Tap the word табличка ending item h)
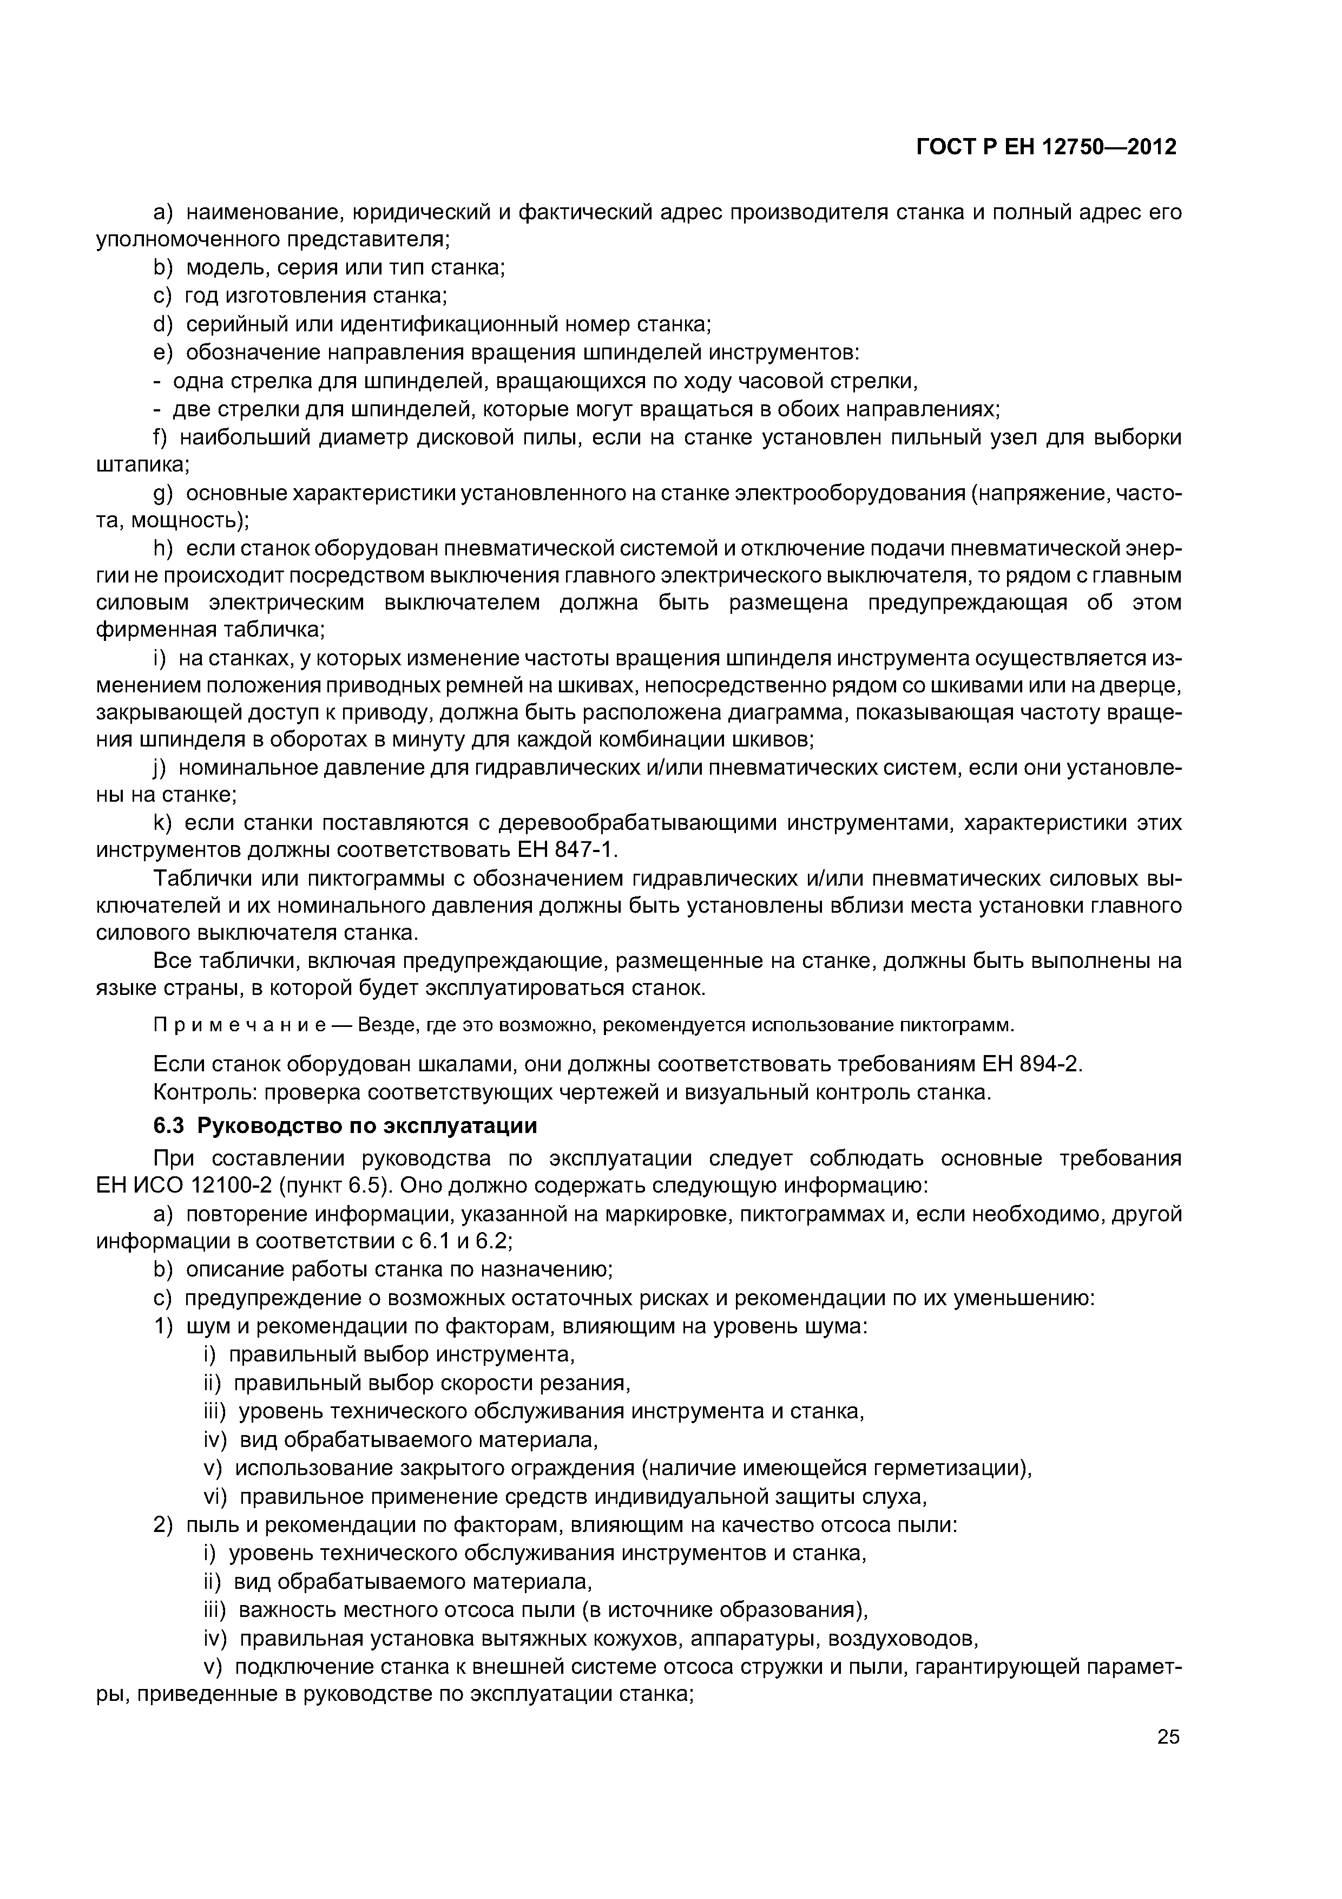coord(273,630)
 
